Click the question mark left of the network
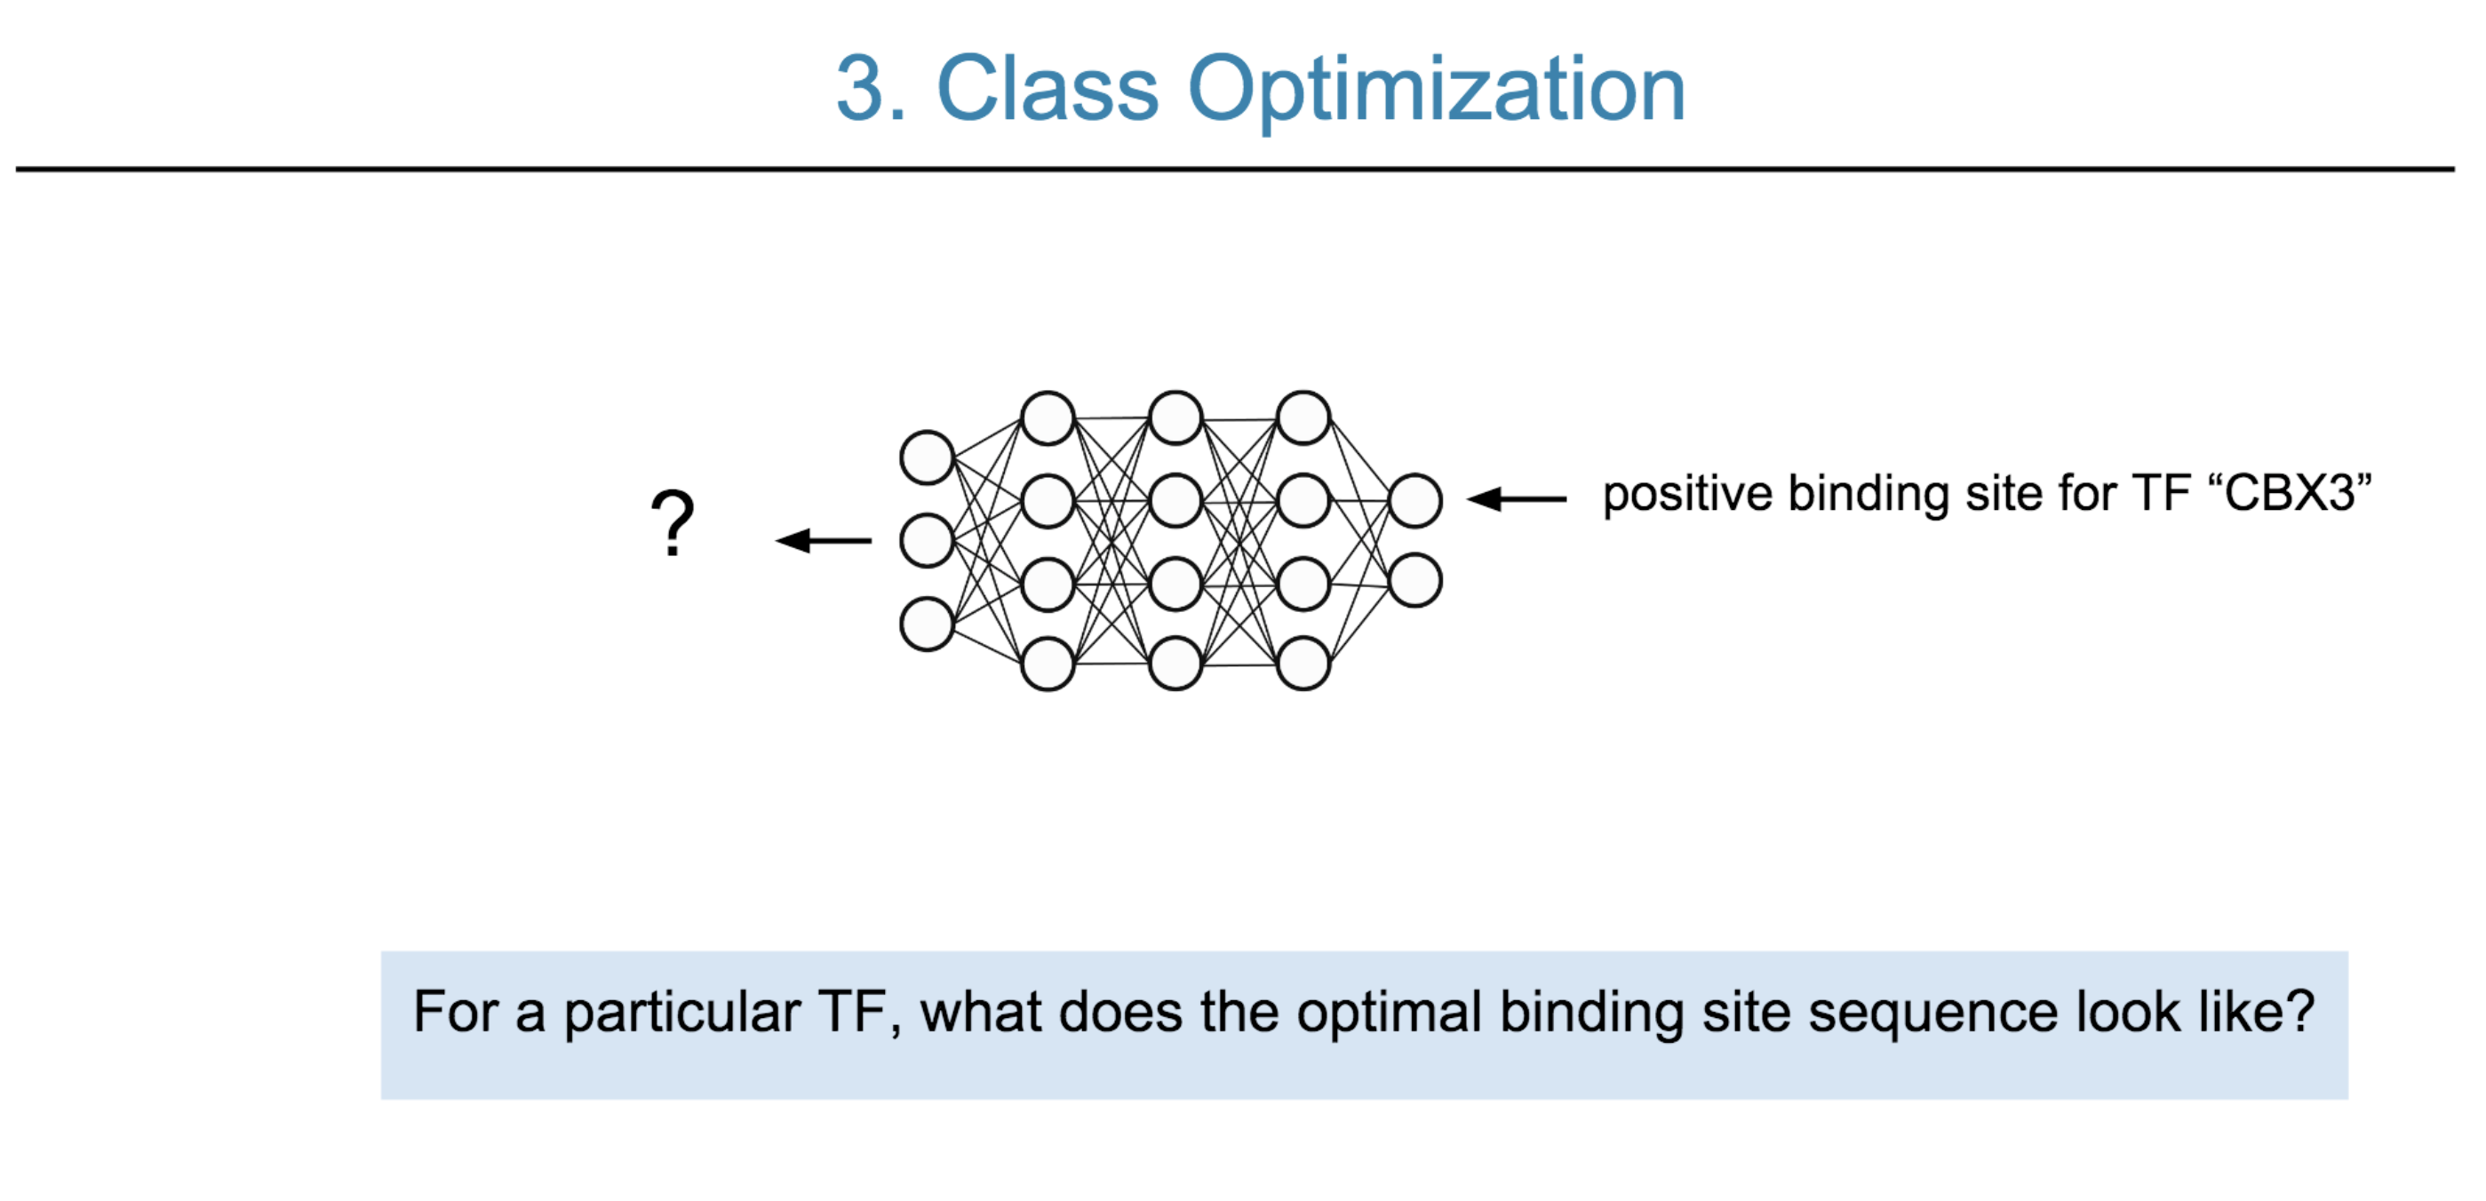click(x=673, y=523)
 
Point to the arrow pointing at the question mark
click(x=824, y=540)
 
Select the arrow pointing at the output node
click(x=1516, y=498)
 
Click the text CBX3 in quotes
click(x=2291, y=493)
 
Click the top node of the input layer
click(x=928, y=457)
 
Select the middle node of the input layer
click(x=928, y=540)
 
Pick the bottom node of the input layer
click(x=928, y=624)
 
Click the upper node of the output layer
click(x=1414, y=501)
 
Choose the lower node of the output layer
click(x=1414, y=581)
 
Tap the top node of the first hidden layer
click(x=1048, y=418)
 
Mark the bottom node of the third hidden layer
click(x=1303, y=664)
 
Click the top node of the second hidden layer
click(x=1175, y=418)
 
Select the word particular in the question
click(x=681, y=1014)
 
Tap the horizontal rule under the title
click(x=1235, y=169)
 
